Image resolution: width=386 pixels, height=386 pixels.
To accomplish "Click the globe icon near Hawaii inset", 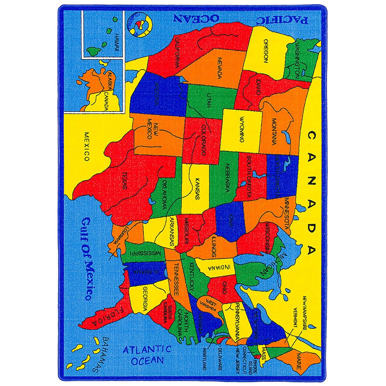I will [x=139, y=24].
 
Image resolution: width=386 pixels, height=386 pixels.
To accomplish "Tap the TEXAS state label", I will [x=124, y=180].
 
